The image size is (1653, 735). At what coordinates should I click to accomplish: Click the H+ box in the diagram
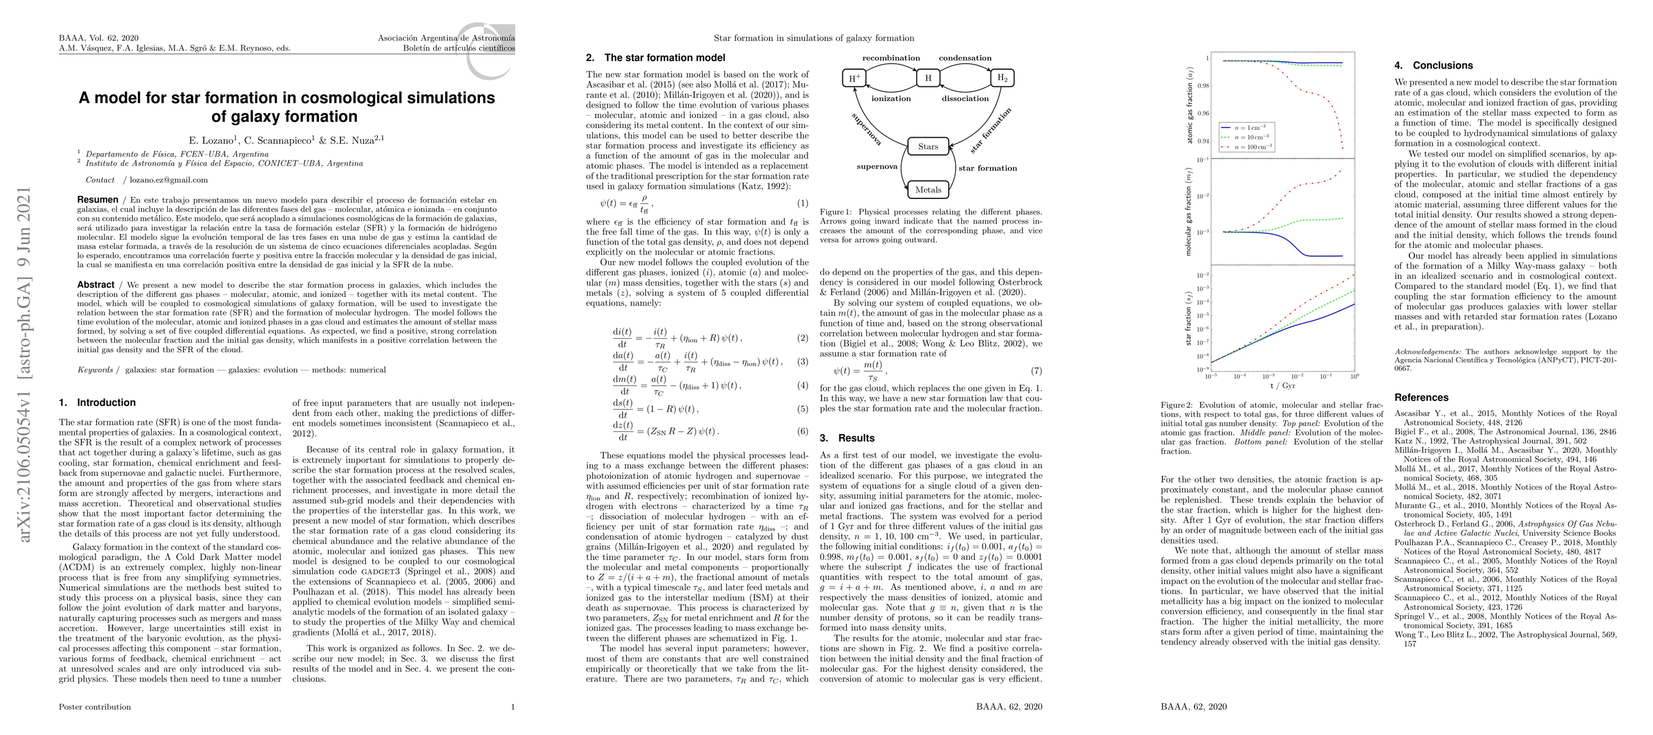854,78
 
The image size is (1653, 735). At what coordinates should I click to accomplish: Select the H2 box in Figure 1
1002,78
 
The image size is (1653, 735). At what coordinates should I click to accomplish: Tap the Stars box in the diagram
928,146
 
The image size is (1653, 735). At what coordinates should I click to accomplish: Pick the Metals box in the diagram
928,189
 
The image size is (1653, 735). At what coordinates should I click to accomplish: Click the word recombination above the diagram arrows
891,58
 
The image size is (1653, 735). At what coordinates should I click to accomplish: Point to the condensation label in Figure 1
965,58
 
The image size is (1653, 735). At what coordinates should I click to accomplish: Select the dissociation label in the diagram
965,98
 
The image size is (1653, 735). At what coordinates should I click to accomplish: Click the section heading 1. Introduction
97,402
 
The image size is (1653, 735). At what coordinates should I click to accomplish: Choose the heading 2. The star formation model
655,58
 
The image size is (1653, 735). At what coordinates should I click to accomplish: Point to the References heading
1422,398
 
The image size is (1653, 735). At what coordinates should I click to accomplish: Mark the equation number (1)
802,203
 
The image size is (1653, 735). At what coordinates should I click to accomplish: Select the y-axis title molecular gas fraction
1188,211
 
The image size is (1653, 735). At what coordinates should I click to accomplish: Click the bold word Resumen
97,200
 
